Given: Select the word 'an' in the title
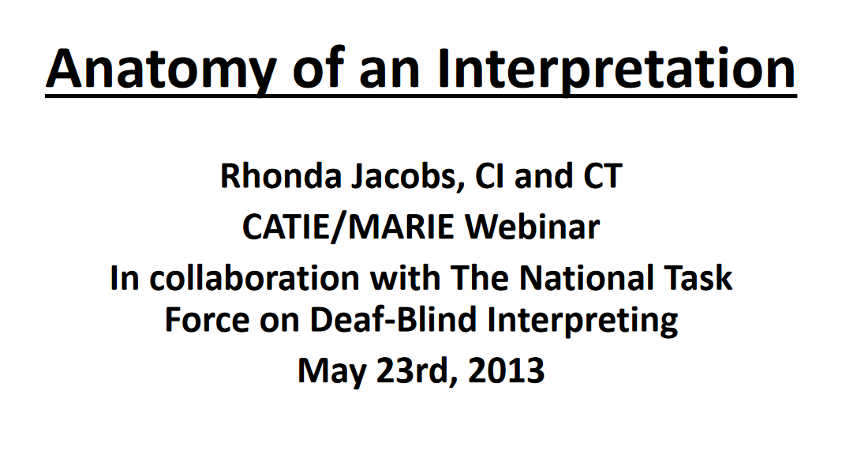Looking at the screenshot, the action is click(x=389, y=74).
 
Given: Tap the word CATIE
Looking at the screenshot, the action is click(x=284, y=227).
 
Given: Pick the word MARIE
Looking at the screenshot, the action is click(x=401, y=227).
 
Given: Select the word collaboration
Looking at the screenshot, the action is click(x=254, y=277).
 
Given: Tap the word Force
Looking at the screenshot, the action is click(x=207, y=320).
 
